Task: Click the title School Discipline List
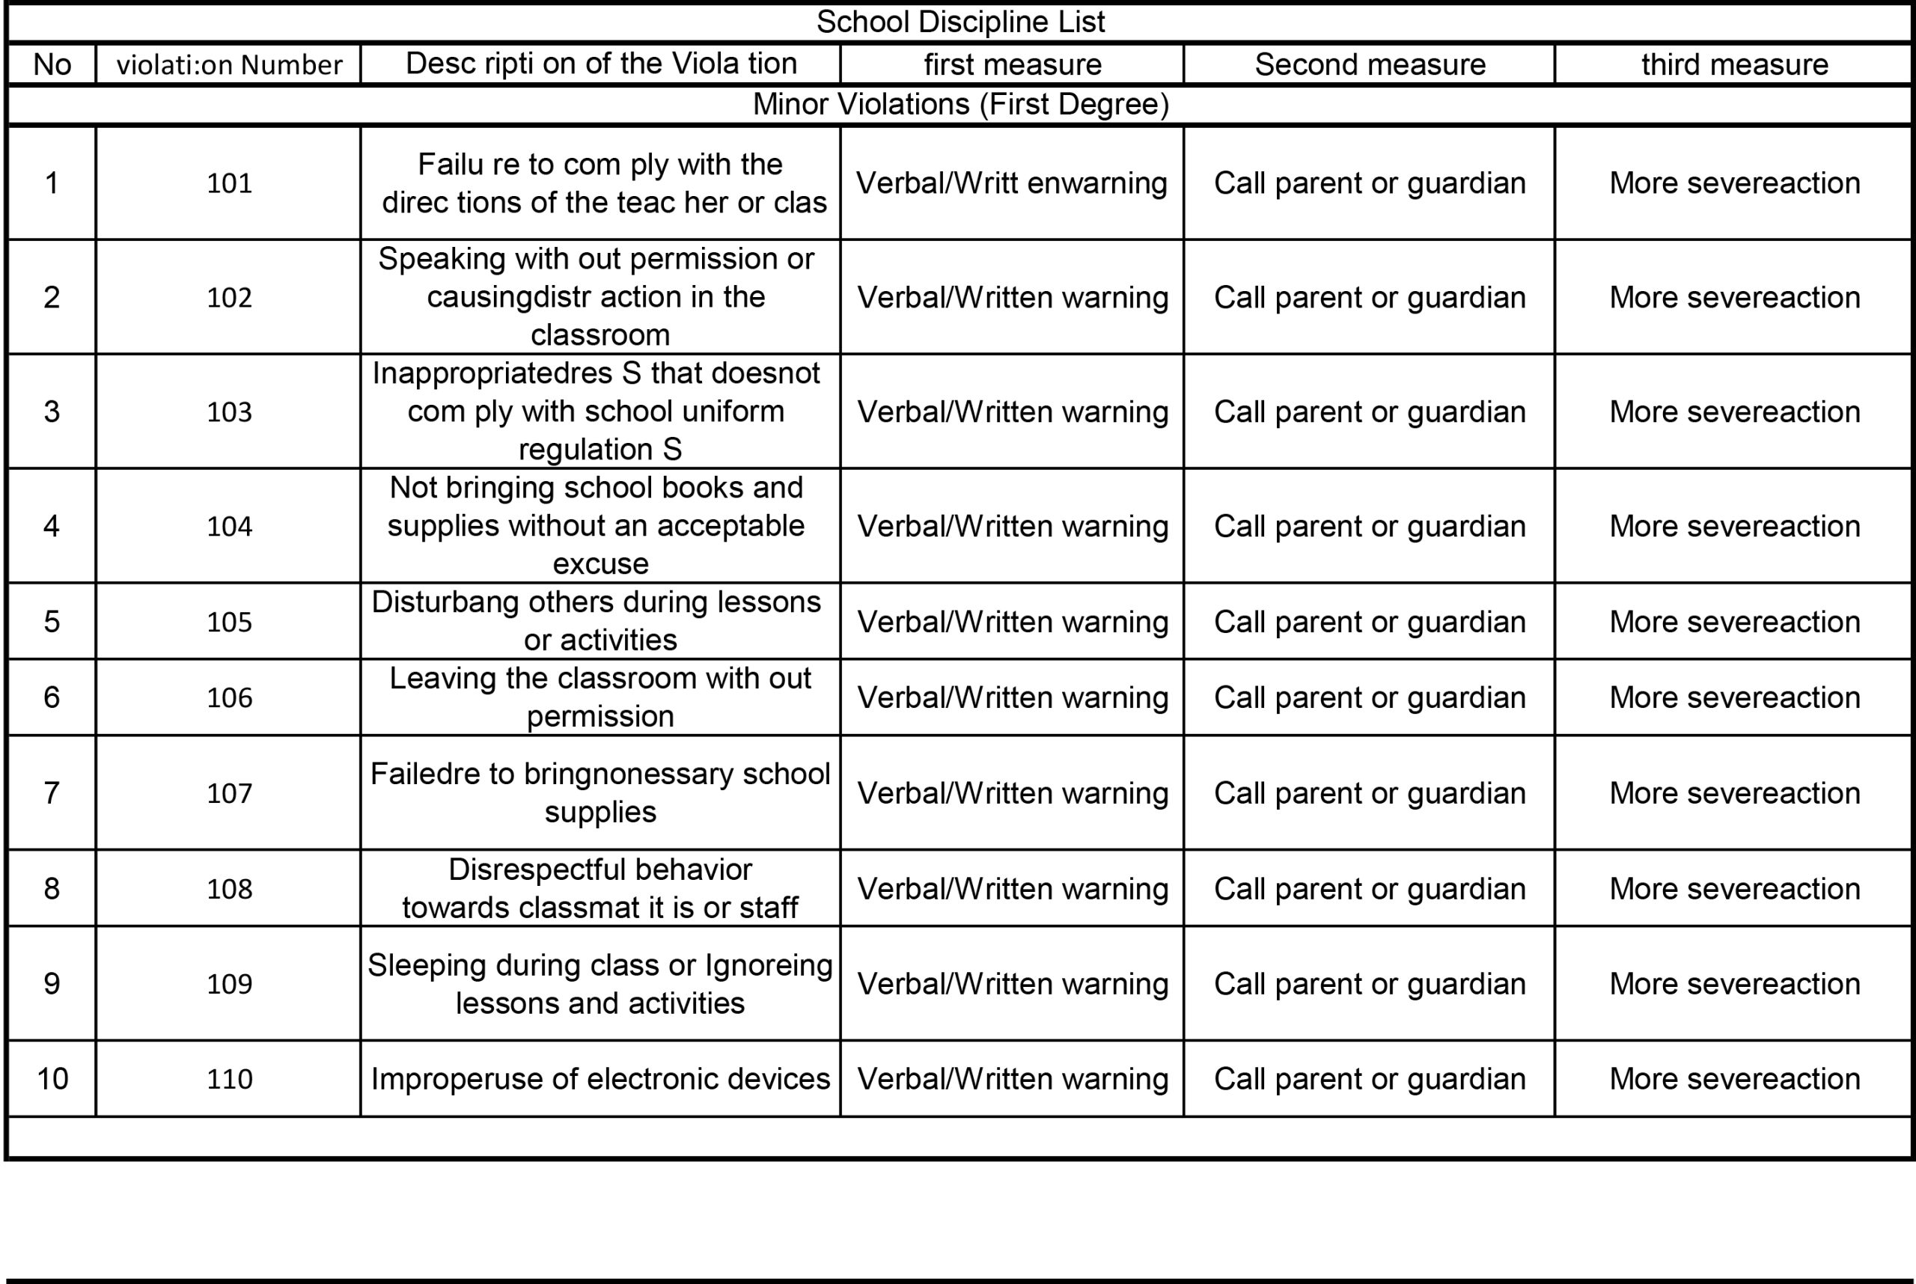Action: pos(960,22)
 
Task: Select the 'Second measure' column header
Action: pos(1370,64)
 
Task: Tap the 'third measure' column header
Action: pos(1734,64)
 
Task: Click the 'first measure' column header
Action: pos(1013,64)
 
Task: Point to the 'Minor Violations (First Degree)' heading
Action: pos(960,105)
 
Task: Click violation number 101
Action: pos(229,183)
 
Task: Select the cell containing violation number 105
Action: pos(229,623)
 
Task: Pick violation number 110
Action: pos(229,1079)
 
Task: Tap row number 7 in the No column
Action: pos(52,792)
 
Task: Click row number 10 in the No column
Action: pos(52,1079)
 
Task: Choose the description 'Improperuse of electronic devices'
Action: pos(600,1079)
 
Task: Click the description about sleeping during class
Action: pos(600,983)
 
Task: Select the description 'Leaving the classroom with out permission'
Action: pos(600,697)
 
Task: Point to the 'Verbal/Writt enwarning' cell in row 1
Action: pos(1012,183)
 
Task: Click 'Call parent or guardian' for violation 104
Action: pos(1370,527)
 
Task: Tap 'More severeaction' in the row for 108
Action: pos(1734,888)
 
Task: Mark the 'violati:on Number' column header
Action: pos(229,64)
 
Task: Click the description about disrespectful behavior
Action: pos(600,888)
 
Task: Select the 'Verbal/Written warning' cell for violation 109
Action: pos(1013,983)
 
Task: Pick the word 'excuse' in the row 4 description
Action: pos(600,564)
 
